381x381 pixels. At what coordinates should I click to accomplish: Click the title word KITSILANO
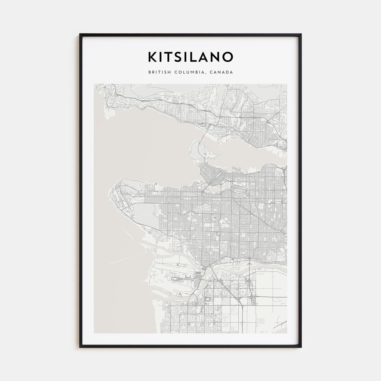point(190,57)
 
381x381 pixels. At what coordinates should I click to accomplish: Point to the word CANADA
point(223,72)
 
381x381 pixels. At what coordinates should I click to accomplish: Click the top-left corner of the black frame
point(80,34)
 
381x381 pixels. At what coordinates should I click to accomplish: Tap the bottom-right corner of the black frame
point(301,347)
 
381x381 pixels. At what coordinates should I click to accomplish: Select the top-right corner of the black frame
point(301,34)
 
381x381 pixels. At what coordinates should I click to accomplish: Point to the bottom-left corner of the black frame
point(80,347)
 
